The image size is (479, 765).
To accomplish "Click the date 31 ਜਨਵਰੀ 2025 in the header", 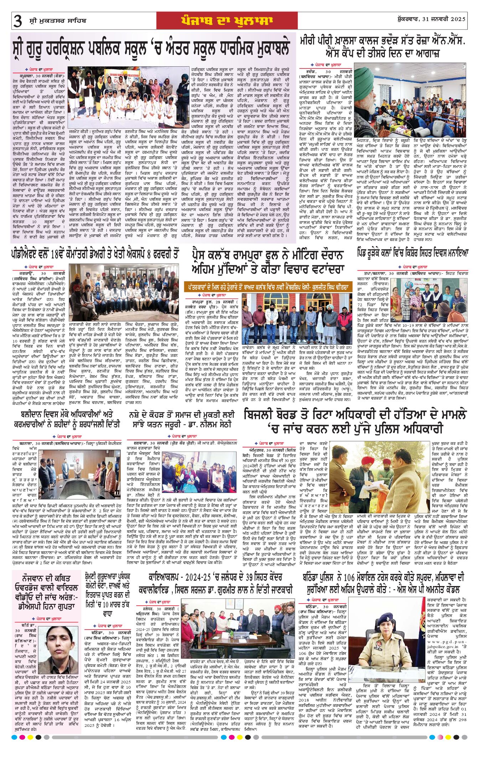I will click(x=440, y=19).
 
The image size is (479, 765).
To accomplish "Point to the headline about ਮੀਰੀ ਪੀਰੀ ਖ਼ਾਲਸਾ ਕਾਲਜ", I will click(x=383, y=46).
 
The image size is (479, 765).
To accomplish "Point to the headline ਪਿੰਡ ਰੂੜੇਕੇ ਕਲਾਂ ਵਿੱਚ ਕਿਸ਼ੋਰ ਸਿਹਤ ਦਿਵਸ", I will click(x=413, y=253).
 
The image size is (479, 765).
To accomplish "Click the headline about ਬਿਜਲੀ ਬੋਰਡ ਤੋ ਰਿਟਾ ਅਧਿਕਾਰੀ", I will click(x=355, y=421).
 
